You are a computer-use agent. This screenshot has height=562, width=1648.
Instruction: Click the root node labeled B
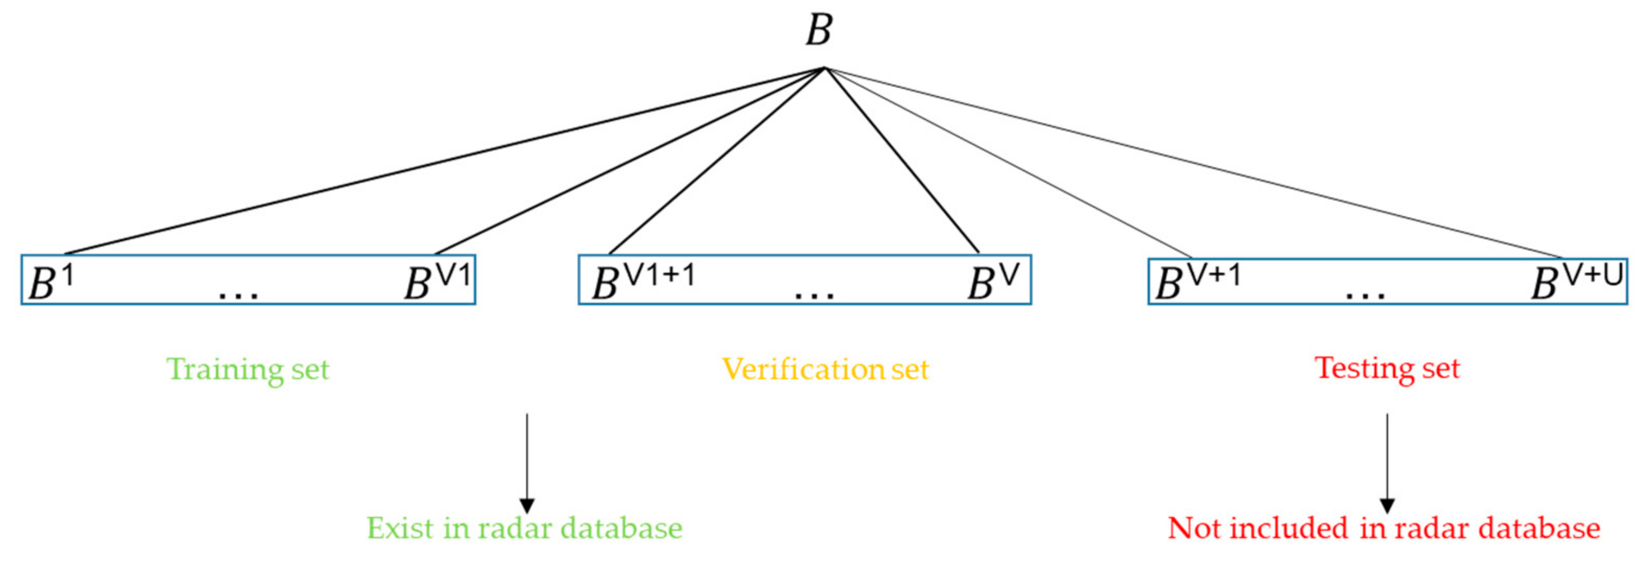pos(819,30)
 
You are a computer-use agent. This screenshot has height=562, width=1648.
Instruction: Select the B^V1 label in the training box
pos(438,282)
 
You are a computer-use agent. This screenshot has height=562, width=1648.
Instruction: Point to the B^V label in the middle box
pos(992,282)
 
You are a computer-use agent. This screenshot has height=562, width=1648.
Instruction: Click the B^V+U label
pos(1577,282)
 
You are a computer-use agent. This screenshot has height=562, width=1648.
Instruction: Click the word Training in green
pos(225,370)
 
